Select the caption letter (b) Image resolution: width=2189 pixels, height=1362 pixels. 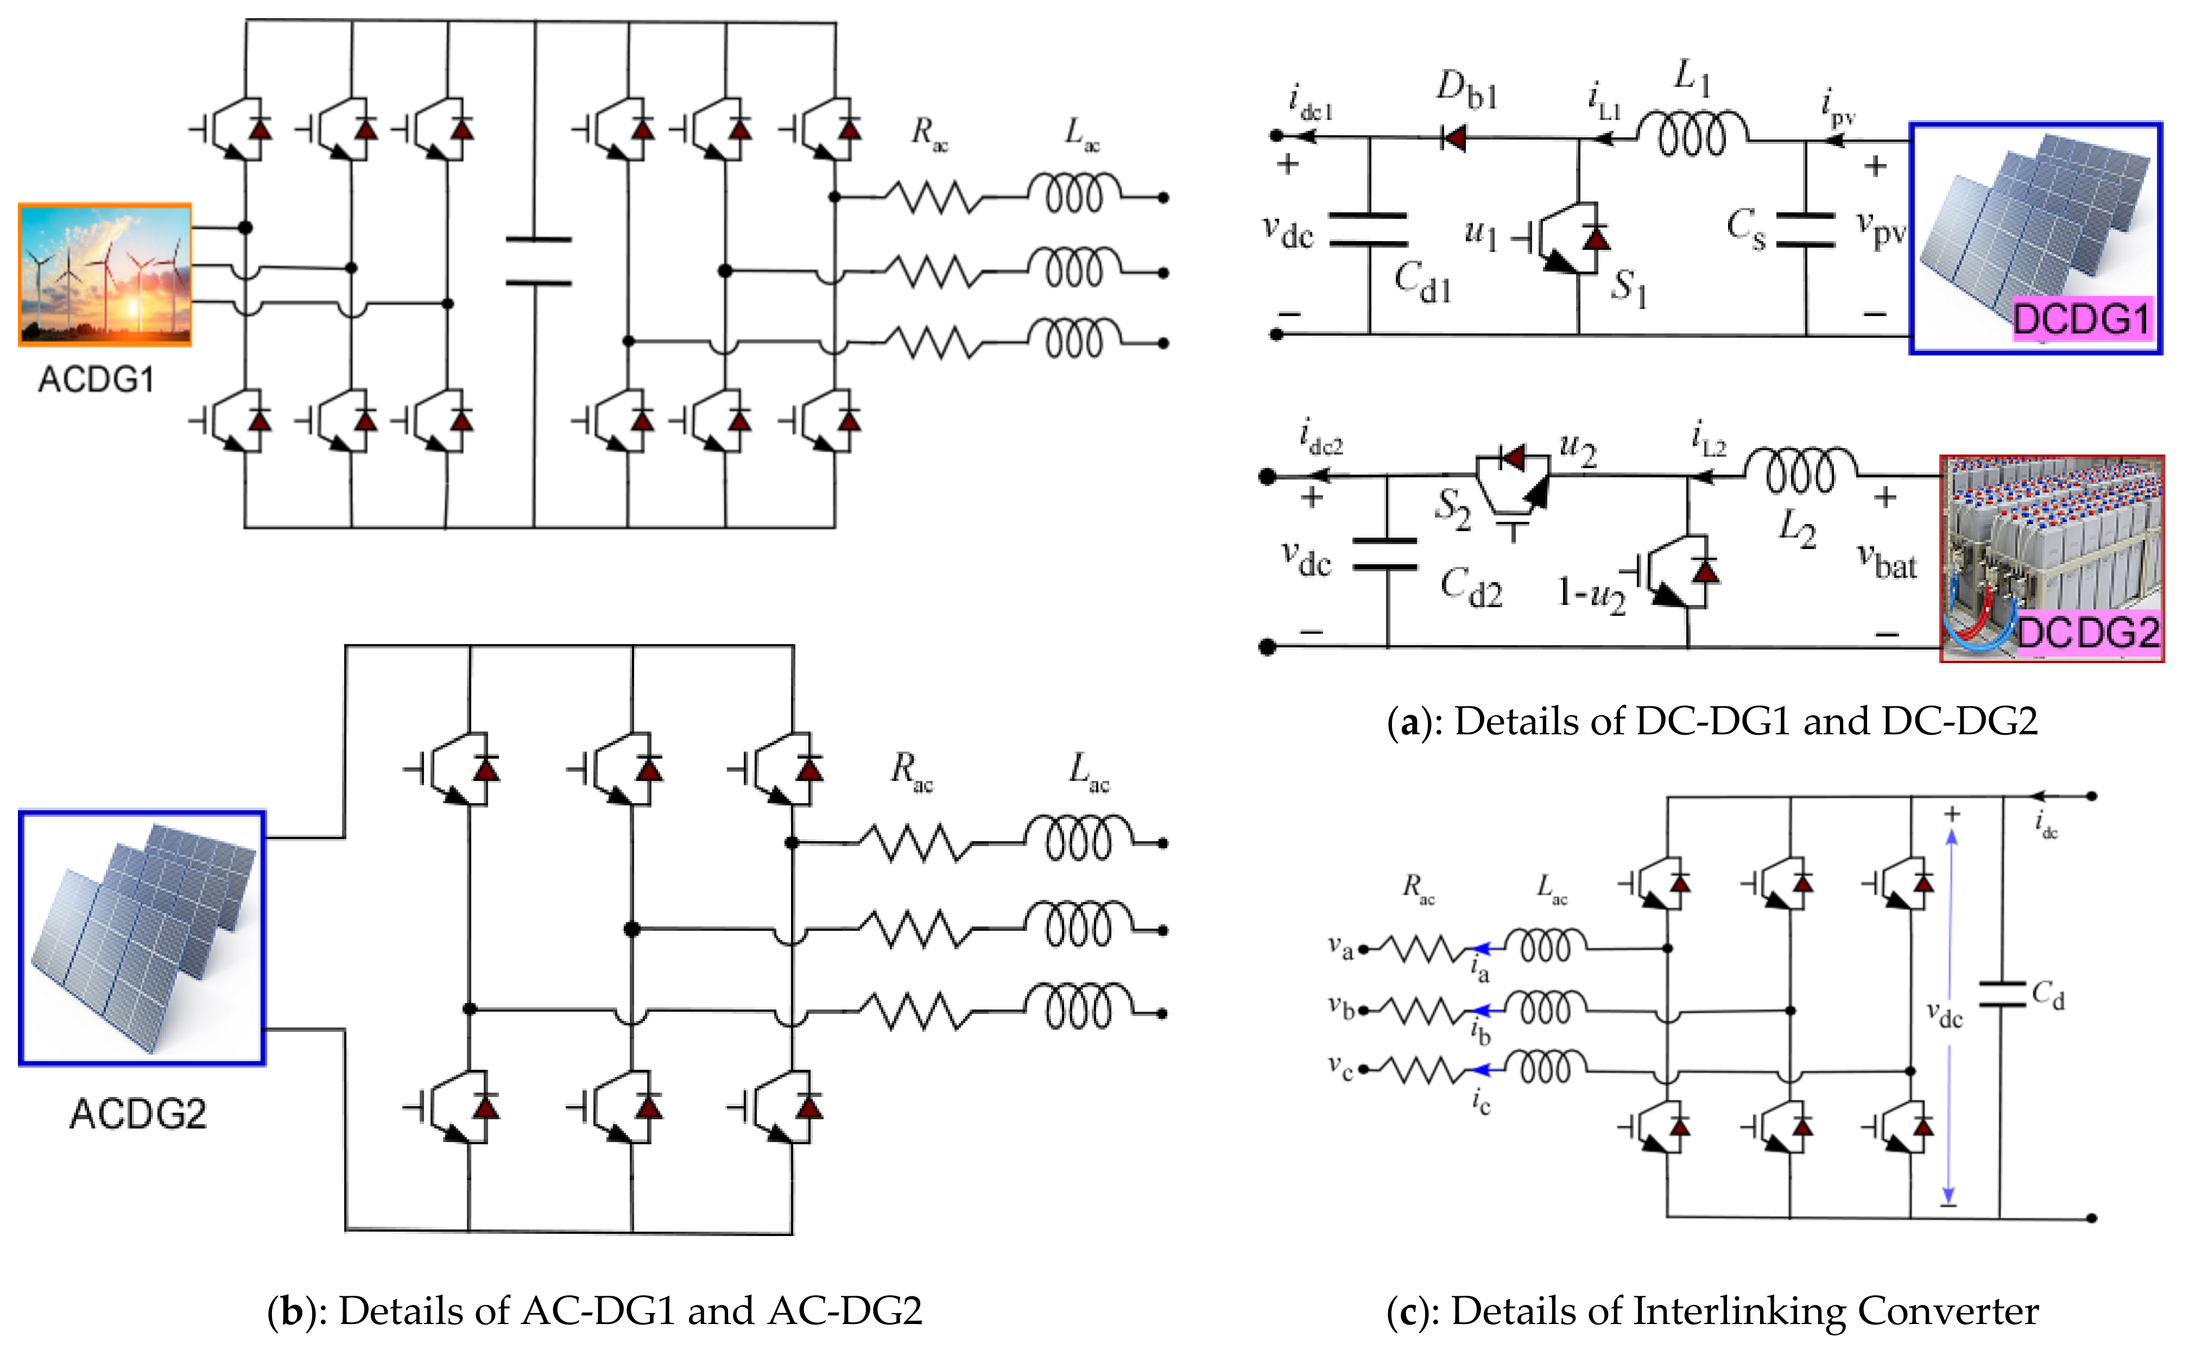[291, 1310]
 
